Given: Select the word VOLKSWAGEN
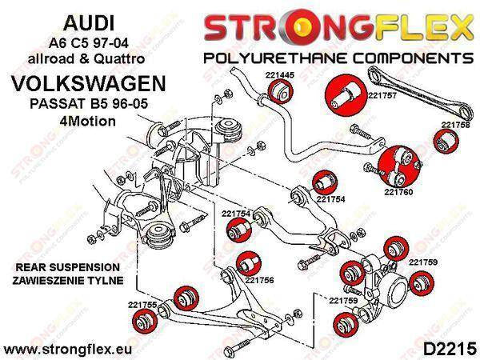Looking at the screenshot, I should click(82, 83).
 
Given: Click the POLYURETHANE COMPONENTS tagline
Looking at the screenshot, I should click(336, 58).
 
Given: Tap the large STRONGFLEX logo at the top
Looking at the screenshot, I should click(337, 26).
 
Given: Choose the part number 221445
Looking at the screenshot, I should click(275, 78).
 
